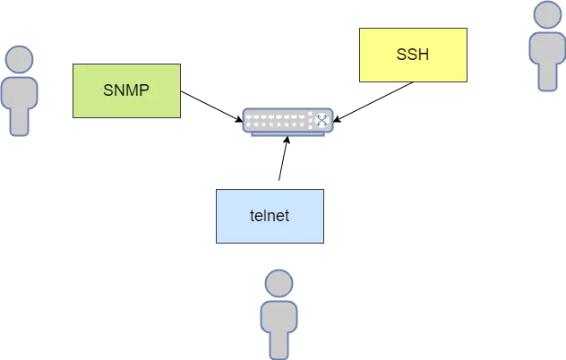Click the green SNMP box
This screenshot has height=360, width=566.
point(126,90)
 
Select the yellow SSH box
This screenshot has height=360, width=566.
point(413,55)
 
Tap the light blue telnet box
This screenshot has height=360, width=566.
point(270,216)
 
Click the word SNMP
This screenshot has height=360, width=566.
point(126,90)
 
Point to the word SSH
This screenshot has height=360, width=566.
point(413,55)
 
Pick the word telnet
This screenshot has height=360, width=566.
point(270,216)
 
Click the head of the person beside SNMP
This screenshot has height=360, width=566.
point(19,60)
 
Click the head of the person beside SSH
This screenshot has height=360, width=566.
point(546,15)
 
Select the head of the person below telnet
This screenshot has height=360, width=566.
point(279,284)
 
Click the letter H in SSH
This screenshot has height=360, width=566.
point(424,55)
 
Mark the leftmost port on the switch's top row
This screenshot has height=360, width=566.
point(250,116)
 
